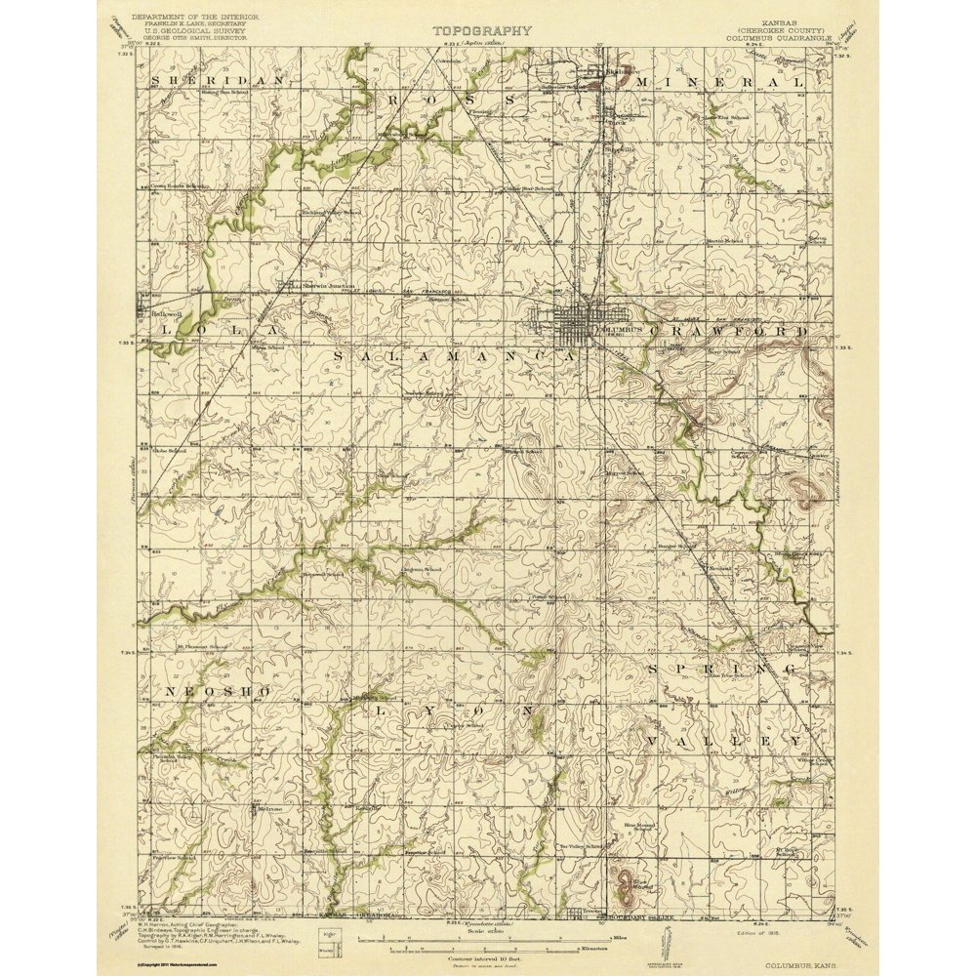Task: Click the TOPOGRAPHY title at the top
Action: [x=483, y=30]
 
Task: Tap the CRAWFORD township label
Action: [x=739, y=331]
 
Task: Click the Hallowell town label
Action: [x=167, y=314]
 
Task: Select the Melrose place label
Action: [x=268, y=809]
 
